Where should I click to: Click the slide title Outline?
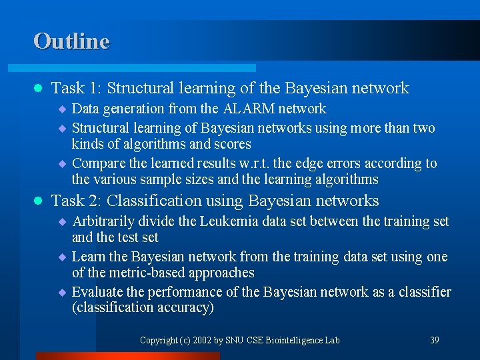(x=71, y=41)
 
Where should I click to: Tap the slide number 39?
(x=434, y=340)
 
